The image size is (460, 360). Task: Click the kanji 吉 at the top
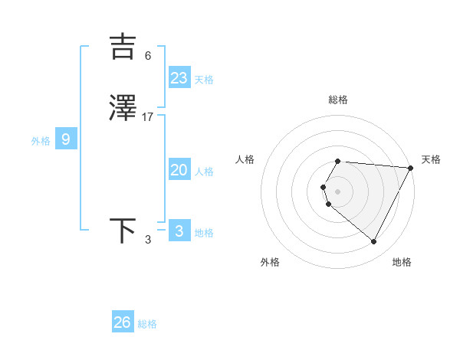point(123,47)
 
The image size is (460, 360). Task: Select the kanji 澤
point(123,110)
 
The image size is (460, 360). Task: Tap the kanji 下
point(123,231)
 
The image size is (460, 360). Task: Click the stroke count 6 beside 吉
point(148,55)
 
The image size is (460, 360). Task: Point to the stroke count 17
point(148,117)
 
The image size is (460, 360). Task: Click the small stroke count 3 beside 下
point(148,240)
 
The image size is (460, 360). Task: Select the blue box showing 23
point(179,78)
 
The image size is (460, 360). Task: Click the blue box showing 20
point(179,170)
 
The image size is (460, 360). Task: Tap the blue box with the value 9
point(66,139)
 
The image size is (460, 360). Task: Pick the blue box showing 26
point(123,322)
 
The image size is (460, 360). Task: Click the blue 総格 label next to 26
point(147,324)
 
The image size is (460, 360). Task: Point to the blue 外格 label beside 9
point(41,141)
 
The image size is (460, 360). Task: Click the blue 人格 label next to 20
point(204,172)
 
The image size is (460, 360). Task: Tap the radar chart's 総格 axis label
point(338,100)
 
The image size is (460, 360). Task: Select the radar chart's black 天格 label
point(431,159)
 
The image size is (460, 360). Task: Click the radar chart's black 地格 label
point(402,262)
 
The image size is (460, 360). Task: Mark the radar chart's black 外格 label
point(270,262)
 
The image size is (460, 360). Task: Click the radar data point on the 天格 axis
point(410,168)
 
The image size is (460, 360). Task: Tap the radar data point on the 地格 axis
point(373,242)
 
